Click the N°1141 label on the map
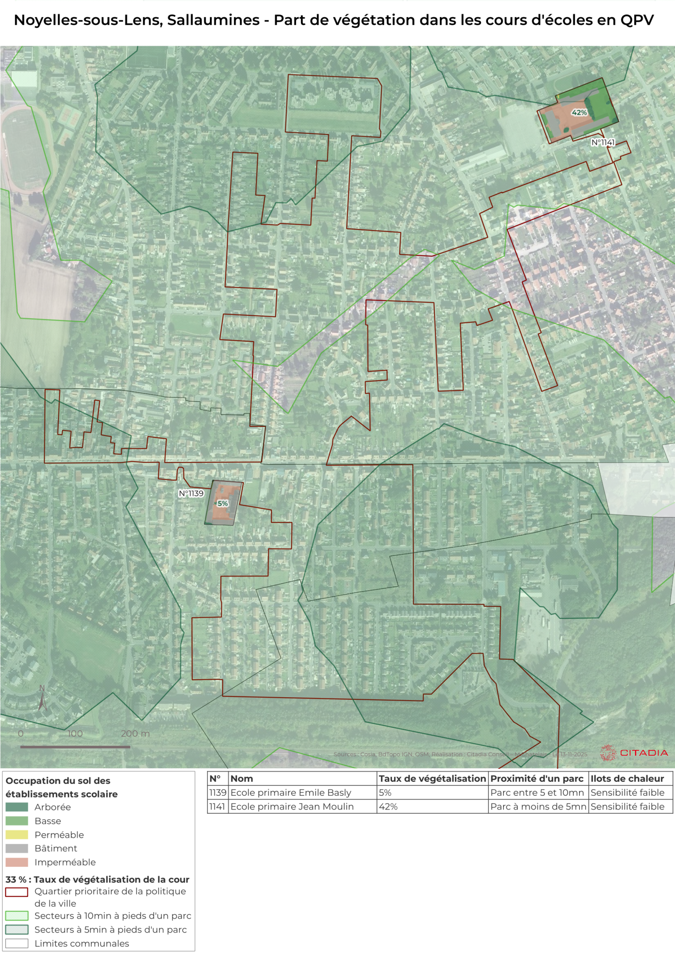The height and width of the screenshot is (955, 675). click(x=603, y=142)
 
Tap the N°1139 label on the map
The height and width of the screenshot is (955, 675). click(x=191, y=493)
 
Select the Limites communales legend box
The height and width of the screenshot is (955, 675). click(x=17, y=943)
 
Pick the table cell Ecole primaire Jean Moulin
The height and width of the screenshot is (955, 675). click(x=292, y=807)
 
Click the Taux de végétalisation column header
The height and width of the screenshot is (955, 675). click(x=432, y=778)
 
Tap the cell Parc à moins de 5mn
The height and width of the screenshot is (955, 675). click(x=538, y=807)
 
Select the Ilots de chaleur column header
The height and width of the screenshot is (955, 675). click(x=627, y=778)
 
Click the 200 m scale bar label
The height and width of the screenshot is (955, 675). click(x=135, y=733)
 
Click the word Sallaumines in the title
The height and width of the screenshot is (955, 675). click(x=213, y=20)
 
